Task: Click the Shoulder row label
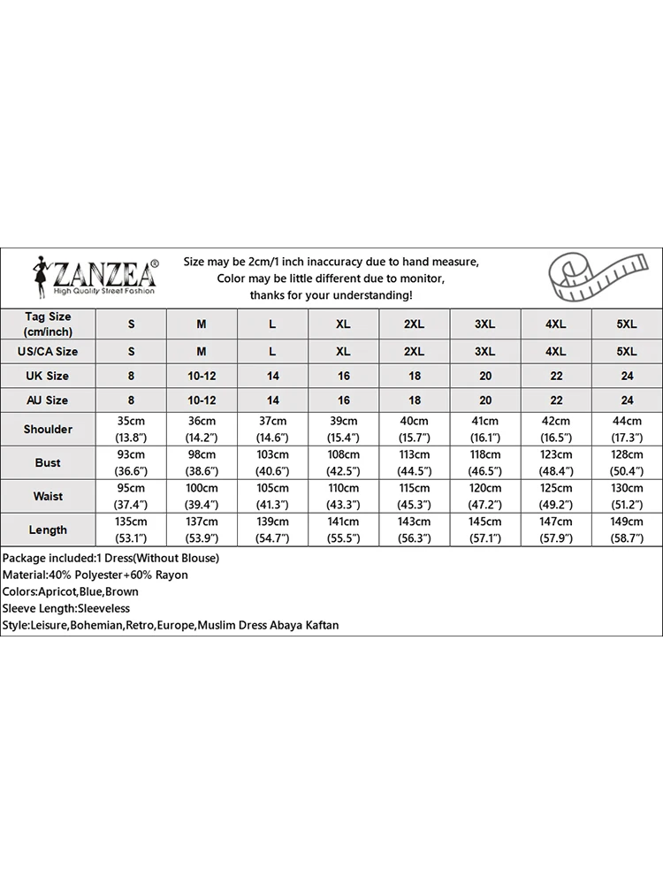(48, 429)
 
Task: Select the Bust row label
(48, 462)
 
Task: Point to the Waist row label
(48, 496)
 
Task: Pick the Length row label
(48, 530)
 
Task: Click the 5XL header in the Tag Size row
(626, 324)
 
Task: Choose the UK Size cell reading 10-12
(202, 376)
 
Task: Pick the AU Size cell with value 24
(626, 400)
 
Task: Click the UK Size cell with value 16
(343, 376)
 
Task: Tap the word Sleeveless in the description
(103, 608)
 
